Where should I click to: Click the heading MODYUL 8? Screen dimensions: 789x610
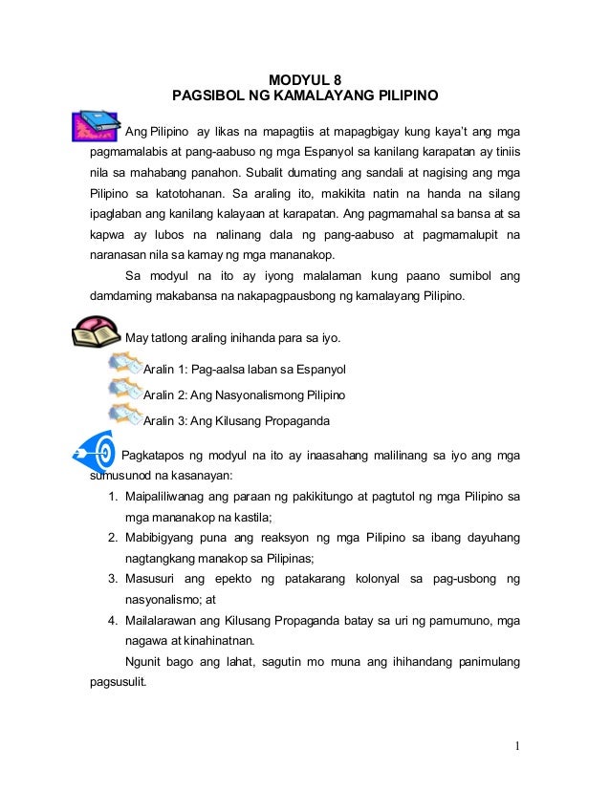(x=304, y=79)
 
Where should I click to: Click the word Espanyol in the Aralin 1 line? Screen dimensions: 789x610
(x=316, y=370)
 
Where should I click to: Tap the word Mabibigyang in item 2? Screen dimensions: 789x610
(x=163, y=538)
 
